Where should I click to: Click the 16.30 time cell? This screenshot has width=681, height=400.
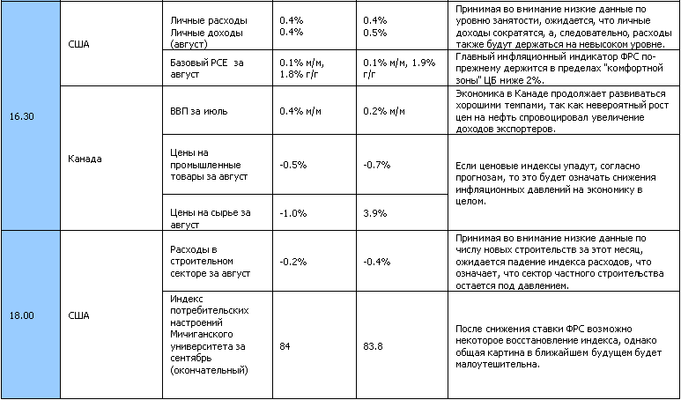click(x=23, y=116)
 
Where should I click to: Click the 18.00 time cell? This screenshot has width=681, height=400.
click(x=23, y=315)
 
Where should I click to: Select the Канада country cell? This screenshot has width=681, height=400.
click(x=85, y=159)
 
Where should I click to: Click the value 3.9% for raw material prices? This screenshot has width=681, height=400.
click(x=374, y=212)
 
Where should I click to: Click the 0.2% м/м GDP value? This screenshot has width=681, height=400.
click(x=384, y=111)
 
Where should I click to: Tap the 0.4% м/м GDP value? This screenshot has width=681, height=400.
click(x=299, y=111)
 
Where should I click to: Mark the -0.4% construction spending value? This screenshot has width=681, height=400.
click(x=376, y=261)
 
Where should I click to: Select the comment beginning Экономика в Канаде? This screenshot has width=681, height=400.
click(x=560, y=111)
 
